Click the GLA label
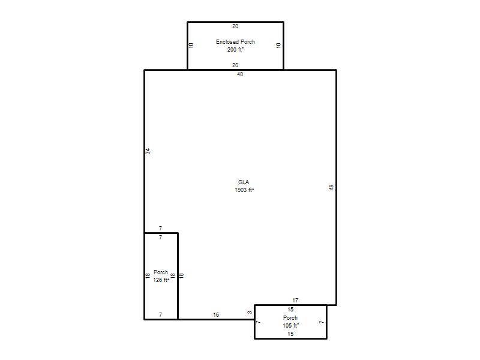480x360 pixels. (244, 182)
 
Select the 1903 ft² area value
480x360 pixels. (244, 190)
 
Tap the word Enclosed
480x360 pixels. (227, 41)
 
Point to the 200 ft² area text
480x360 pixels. (235, 49)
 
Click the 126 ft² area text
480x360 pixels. (161, 280)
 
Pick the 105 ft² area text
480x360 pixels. (291, 325)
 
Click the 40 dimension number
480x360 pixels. (240, 74)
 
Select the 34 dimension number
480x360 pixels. (148, 151)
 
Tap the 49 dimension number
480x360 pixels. (331, 187)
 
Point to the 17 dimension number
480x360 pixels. (295, 301)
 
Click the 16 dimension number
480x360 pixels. (216, 314)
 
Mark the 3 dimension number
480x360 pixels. (250, 313)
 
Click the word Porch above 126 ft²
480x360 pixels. (161, 272)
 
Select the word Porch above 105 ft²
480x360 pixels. (290, 318)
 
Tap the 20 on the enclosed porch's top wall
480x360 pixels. (235, 26)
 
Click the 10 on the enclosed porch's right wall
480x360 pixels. (278, 46)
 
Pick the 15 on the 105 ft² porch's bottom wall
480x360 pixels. (290, 334)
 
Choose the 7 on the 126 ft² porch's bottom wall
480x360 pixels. (160, 314)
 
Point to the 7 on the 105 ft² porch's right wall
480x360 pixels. (321, 322)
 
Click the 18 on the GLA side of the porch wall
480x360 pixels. (182, 276)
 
